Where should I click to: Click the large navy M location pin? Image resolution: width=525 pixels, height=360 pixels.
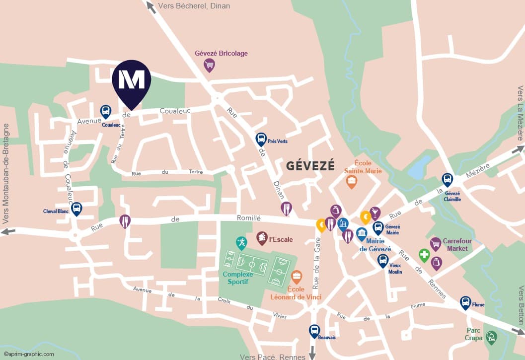click(x=132, y=80)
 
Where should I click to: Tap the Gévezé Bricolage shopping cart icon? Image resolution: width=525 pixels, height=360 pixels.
click(x=210, y=65)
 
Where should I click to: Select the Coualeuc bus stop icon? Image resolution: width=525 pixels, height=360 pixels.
click(x=105, y=112)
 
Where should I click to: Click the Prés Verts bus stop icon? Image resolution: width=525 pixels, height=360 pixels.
click(x=261, y=139)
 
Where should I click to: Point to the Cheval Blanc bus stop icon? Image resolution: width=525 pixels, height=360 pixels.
click(x=76, y=209)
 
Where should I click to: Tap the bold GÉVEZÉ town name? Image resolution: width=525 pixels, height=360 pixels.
click(x=310, y=166)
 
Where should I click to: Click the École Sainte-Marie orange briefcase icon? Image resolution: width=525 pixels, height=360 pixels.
click(x=352, y=181)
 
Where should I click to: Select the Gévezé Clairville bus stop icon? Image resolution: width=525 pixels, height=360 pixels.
click(x=448, y=180)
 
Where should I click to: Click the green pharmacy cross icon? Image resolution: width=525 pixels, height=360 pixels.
click(x=424, y=255)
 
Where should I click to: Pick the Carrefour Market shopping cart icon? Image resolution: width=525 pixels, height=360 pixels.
click(x=436, y=243)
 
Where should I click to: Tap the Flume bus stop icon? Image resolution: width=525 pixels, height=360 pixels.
click(x=465, y=302)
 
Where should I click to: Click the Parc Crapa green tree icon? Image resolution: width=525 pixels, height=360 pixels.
click(x=491, y=337)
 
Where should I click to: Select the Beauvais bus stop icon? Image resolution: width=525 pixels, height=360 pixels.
click(x=314, y=331)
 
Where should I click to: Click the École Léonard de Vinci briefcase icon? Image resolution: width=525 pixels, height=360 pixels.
click(x=297, y=277)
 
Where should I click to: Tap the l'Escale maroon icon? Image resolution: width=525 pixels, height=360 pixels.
click(x=262, y=238)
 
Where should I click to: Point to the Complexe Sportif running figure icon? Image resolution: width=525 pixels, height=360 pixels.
click(x=241, y=243)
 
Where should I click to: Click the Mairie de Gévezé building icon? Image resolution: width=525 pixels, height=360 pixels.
click(x=362, y=233)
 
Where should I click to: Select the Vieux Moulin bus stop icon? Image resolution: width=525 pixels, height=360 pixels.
click(x=382, y=260)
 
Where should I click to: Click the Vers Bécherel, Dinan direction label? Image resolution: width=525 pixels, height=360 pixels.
click(x=194, y=6)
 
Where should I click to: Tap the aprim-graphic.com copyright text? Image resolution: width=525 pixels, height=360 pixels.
click(x=29, y=354)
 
